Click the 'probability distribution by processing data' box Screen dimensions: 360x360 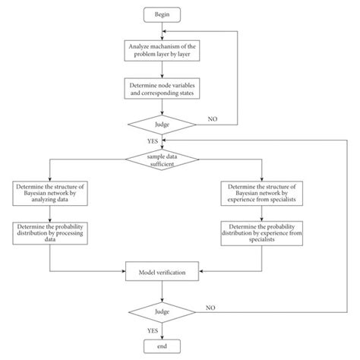point(50,232)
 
